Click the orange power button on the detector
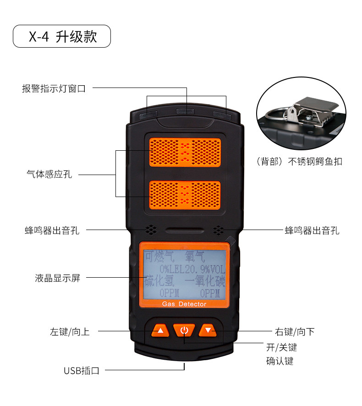coord(184,329)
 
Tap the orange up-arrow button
coord(160,330)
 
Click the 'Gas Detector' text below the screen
coord(184,304)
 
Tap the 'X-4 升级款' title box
coord(62,36)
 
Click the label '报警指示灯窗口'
coord(54,88)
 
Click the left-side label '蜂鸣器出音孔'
coord(52,230)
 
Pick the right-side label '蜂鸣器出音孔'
coord(312,230)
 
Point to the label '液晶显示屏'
coord(57,278)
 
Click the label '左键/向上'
coord(70,332)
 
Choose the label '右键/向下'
coord(295,332)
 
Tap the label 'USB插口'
coord(82,371)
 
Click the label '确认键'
coord(280,361)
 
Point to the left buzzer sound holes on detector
coord(150,229)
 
